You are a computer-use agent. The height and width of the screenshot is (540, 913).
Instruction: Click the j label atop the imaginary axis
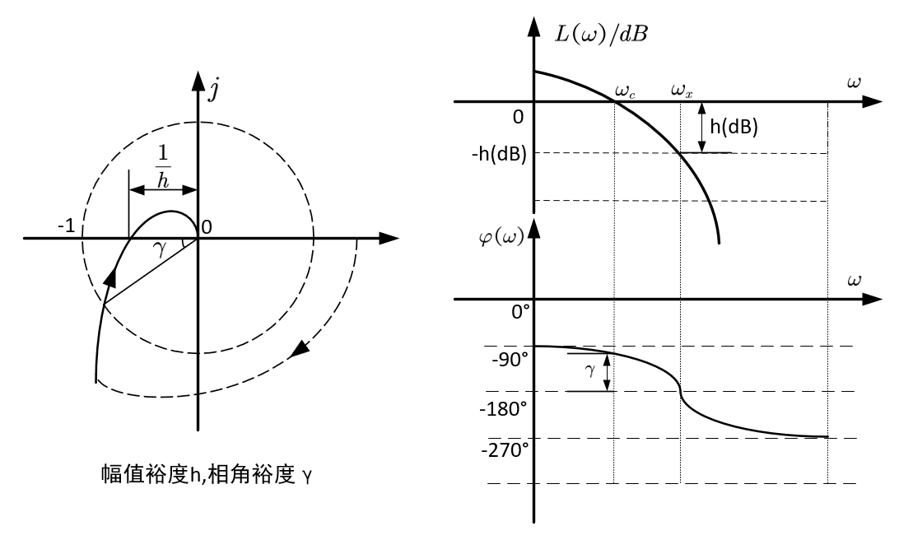213,88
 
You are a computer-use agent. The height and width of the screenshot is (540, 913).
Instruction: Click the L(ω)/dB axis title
599,37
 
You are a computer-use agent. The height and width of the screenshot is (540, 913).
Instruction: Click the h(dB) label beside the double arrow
734,127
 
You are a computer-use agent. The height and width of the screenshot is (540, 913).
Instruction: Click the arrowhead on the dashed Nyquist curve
302,349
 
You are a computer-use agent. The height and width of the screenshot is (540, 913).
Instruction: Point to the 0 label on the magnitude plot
518,117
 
